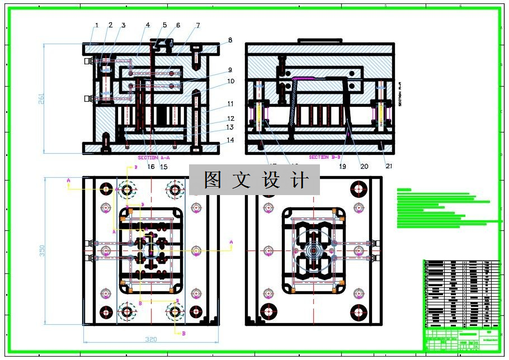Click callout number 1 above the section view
pos(97,25)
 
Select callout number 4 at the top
pos(148,25)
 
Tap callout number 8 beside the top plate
pos(230,40)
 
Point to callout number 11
pos(230,104)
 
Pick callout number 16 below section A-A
pos(151,166)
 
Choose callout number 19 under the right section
pos(343,166)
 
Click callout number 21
pos(389,166)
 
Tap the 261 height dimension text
pos(41,98)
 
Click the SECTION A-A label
pos(154,158)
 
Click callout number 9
pos(230,70)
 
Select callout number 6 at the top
pos(178,25)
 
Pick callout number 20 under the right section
pos(364,166)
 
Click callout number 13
pos(230,127)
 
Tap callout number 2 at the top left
pos(110,25)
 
